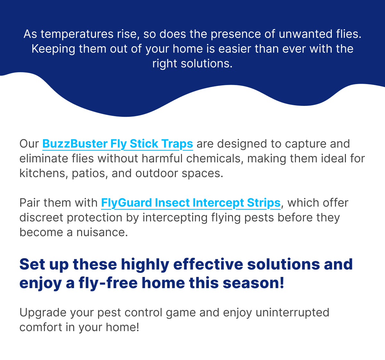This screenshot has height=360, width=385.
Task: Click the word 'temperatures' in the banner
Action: (x=77, y=34)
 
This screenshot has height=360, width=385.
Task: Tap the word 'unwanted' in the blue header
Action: (x=305, y=34)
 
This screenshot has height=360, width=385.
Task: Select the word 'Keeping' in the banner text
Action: (x=53, y=49)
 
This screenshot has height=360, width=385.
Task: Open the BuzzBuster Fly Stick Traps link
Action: (x=118, y=144)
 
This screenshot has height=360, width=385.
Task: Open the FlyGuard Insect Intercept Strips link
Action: (x=191, y=203)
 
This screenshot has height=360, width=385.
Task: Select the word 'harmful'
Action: (x=162, y=159)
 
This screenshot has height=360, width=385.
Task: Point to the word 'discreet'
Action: (x=41, y=218)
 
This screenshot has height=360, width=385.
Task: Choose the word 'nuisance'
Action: (x=102, y=232)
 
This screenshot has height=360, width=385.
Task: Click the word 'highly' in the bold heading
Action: (x=145, y=265)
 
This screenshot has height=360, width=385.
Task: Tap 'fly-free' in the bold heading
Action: (x=108, y=283)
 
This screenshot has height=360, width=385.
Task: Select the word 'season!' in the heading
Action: (x=253, y=283)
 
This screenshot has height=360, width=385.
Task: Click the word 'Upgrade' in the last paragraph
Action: (x=43, y=313)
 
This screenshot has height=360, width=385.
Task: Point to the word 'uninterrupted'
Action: (x=292, y=313)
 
